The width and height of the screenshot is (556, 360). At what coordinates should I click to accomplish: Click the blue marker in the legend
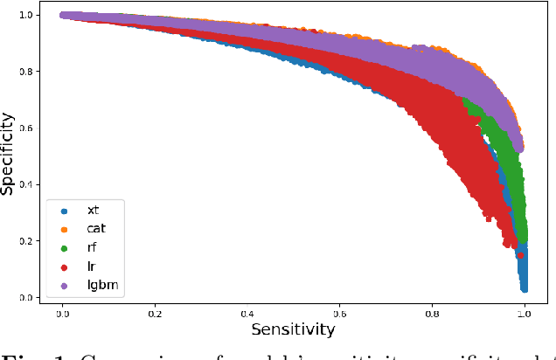63,211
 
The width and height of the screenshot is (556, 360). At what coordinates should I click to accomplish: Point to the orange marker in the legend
63,228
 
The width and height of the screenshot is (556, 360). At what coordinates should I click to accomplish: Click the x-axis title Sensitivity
293,329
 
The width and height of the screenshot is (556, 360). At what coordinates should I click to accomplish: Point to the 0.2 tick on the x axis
155,312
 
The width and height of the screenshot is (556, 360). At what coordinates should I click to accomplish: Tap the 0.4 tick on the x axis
247,312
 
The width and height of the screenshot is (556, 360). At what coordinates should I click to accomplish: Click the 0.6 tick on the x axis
340,312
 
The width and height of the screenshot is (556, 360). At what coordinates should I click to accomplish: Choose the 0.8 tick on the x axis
432,312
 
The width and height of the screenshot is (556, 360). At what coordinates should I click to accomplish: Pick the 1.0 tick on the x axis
525,312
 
